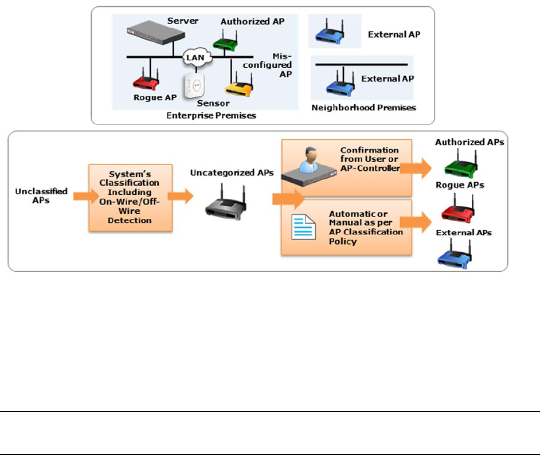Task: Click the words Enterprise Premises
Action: point(211,115)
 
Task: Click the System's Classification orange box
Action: point(131,198)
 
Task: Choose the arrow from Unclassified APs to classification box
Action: point(82,196)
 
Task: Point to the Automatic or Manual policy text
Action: point(366,227)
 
